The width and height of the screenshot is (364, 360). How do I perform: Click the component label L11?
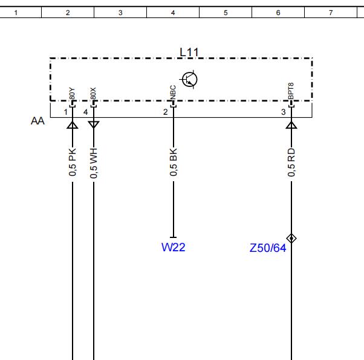189,52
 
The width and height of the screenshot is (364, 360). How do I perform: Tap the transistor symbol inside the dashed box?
190,79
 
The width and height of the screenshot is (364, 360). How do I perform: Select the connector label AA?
37,121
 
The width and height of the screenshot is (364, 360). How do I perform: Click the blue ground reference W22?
174,247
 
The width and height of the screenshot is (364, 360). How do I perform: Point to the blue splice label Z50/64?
268,248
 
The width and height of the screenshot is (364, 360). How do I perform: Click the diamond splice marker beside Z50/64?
291,238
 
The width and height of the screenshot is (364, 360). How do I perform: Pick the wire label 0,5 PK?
73,162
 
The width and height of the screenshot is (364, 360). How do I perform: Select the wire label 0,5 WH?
94,163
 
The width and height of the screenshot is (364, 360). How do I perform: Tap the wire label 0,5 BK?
174,162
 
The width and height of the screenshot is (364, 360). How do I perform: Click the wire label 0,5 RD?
291,162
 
